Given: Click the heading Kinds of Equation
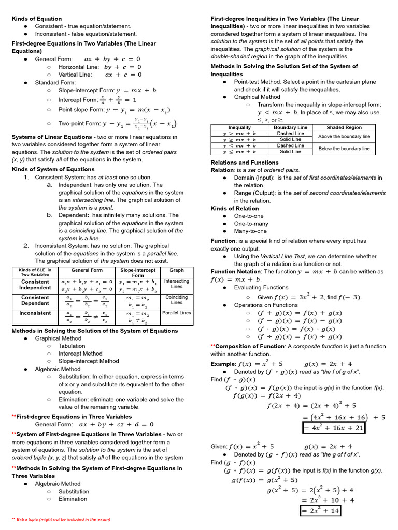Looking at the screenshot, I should [37, 19].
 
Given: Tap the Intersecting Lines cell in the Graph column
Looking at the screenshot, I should [177, 284].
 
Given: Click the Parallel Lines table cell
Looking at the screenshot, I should [177, 313].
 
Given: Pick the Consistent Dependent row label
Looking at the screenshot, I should [35, 300].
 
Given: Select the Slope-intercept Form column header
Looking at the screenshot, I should [137, 273].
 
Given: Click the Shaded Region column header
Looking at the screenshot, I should [344, 127].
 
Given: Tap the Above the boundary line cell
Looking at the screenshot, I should [344, 136].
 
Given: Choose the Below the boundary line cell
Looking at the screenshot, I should [344, 149].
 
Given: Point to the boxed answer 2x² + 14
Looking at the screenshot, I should [320, 511].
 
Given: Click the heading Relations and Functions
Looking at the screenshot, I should [245, 163].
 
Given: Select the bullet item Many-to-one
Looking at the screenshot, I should [250, 231].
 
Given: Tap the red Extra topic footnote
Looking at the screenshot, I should [61, 519].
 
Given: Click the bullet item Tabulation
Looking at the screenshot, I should [72, 346].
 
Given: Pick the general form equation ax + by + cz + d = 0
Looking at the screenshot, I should [117, 424].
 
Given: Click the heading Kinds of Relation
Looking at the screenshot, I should [235, 209].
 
